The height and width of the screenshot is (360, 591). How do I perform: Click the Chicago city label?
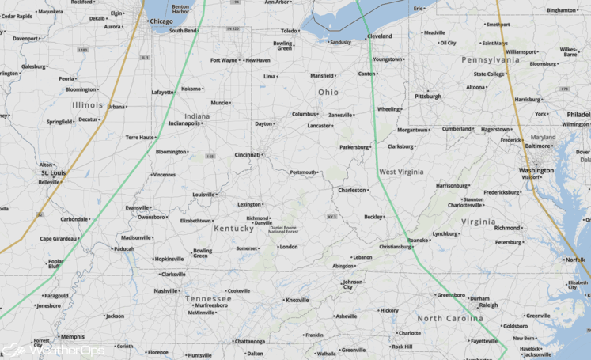[161, 21]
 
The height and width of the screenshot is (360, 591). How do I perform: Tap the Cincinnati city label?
[248, 155]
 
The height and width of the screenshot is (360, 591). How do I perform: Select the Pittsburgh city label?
[428, 97]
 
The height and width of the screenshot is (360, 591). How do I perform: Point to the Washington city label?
[536, 170]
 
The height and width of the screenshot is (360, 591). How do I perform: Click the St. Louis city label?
[55, 172]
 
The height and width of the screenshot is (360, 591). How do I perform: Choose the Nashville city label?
[166, 290]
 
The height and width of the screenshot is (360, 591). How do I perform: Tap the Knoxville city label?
[297, 300]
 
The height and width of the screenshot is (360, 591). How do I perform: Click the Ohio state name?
[328, 93]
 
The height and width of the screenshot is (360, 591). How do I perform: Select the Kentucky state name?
[233, 229]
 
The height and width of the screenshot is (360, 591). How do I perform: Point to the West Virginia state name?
[401, 172]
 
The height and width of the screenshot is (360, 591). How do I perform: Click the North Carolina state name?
[450, 318]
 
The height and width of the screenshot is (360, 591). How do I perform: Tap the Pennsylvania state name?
[491, 59]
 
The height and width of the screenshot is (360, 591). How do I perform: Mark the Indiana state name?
[197, 116]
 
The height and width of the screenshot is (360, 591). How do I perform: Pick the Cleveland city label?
[379, 36]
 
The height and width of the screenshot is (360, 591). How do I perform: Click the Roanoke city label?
[419, 240]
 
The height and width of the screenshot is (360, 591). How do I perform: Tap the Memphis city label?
[72, 336]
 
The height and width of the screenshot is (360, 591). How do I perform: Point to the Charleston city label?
[352, 190]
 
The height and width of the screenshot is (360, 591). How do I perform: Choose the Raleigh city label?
[488, 305]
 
